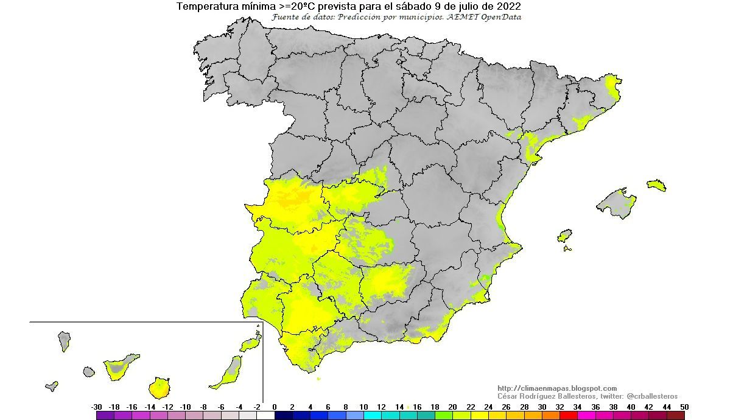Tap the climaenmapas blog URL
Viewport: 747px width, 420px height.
tap(557, 388)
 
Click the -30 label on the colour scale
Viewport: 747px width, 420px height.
tap(96, 407)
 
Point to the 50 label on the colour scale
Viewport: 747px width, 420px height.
tap(685, 407)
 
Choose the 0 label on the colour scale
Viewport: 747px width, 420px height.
tap(275, 407)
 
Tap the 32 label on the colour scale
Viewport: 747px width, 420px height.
tap(560, 407)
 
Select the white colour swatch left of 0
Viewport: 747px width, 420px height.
tap(265, 416)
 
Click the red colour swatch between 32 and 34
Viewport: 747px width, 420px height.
tap(569, 416)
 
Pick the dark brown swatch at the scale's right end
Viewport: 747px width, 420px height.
tap(676, 416)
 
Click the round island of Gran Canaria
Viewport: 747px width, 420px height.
tap(160, 387)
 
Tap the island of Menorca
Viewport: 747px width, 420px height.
tap(657, 185)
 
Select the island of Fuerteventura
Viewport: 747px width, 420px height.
tap(229, 371)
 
